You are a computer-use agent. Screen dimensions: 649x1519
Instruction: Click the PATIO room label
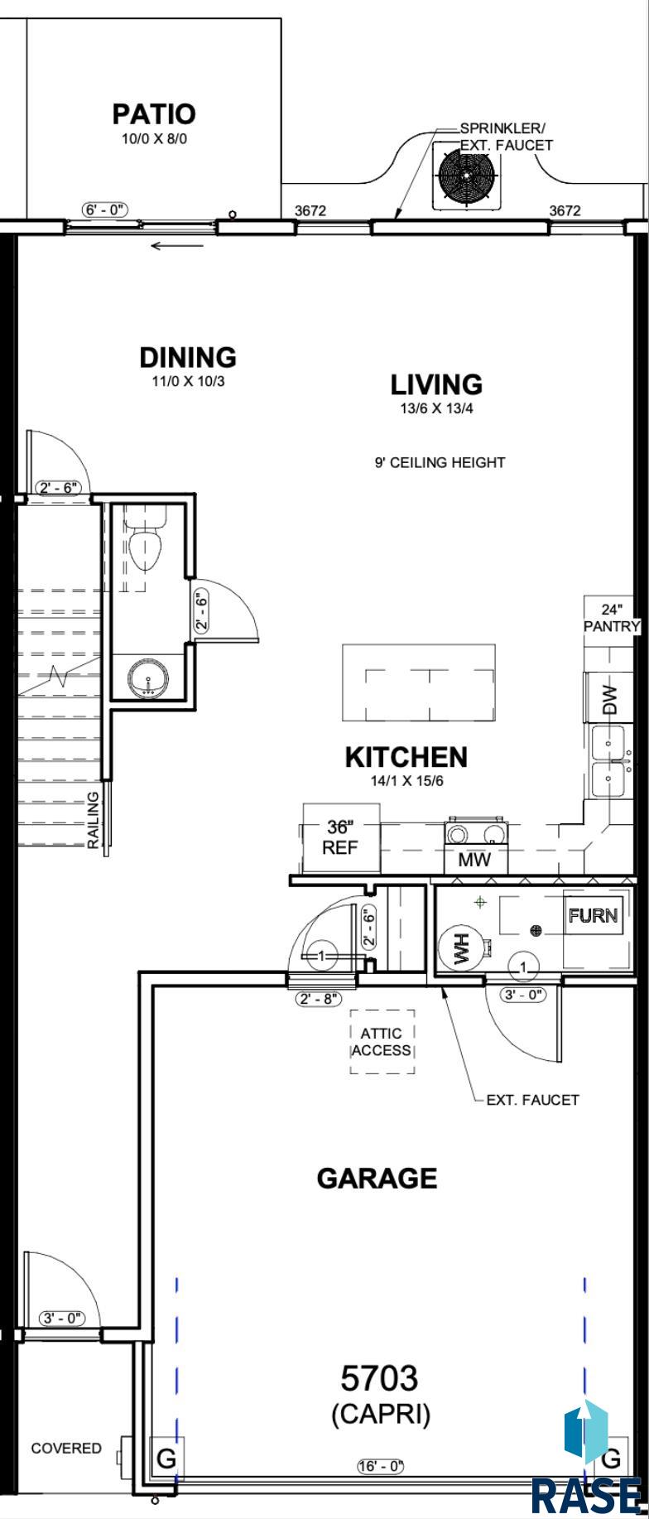coord(154,113)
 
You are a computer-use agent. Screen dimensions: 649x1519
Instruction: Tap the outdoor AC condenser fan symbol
coord(466,176)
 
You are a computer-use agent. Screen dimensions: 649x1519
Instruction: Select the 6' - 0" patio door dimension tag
coord(106,210)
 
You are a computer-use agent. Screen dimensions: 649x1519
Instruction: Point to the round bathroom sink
coord(149,678)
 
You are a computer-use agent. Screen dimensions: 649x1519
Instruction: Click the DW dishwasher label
coord(610,699)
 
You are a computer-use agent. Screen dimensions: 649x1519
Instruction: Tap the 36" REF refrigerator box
coord(340,837)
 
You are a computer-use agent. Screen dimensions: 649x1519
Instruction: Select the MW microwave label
coord(474,859)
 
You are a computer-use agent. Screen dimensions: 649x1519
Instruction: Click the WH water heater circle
coord(461,948)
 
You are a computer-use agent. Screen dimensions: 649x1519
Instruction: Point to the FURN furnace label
coord(593,915)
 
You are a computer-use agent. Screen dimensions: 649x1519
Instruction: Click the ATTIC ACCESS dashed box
coord(382,1042)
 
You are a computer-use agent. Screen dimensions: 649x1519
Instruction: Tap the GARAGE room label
coord(377,1178)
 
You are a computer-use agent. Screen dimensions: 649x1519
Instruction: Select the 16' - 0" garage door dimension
coord(381,1467)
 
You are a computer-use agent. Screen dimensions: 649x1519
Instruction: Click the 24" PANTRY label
coord(613,617)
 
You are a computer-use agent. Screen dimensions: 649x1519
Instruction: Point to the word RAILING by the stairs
coord(94,820)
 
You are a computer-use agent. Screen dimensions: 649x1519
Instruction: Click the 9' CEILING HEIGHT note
coord(440,462)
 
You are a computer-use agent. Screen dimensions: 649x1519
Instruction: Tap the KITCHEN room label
coord(406,757)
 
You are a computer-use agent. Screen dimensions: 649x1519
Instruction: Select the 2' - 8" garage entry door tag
coord(319,999)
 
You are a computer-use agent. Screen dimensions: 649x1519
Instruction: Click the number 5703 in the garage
coord(380,1379)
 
